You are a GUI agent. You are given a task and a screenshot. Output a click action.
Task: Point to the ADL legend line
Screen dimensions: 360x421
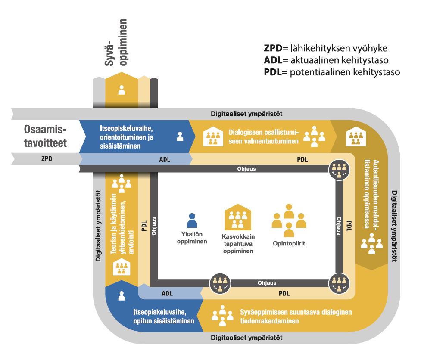coord(327,59)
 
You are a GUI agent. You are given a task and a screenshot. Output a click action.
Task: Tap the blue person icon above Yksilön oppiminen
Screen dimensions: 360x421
coord(192,220)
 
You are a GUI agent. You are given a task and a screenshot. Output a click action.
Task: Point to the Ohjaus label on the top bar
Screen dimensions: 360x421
coord(246,169)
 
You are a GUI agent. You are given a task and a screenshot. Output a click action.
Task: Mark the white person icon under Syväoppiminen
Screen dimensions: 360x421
coord(122,90)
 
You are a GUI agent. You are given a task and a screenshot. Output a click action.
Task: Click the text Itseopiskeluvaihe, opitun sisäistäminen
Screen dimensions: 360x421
coord(162,316)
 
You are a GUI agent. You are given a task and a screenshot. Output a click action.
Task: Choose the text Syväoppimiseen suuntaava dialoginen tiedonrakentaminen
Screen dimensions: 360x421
coord(297,316)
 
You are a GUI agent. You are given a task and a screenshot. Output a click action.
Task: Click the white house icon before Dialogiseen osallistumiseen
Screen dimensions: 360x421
coord(213,136)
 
